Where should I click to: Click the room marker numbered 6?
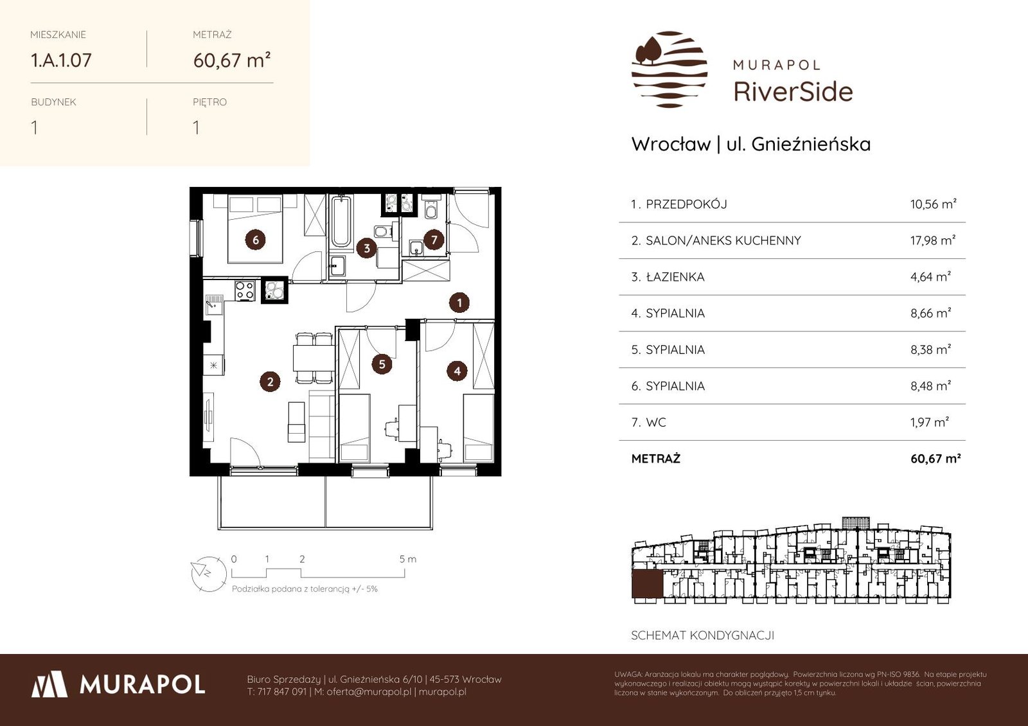point(256,240)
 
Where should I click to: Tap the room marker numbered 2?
point(270,382)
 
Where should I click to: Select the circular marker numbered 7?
point(434,239)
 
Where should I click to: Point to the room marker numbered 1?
point(459,303)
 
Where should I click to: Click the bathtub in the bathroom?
point(341,222)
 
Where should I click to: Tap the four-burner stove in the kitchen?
point(245,290)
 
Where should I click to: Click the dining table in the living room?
point(314,358)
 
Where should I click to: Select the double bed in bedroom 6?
point(255,229)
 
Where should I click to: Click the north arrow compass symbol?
point(209,574)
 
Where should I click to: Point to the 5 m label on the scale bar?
point(407,559)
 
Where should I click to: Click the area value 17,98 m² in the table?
point(932,240)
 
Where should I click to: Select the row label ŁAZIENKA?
point(675,277)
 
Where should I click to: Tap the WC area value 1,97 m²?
point(929,421)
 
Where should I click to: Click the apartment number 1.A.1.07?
point(61,60)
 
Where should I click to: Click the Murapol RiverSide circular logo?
point(669,69)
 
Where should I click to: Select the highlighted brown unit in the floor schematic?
point(647,584)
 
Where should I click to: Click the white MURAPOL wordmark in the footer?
point(142,684)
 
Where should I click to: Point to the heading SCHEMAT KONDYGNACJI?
point(702,635)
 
